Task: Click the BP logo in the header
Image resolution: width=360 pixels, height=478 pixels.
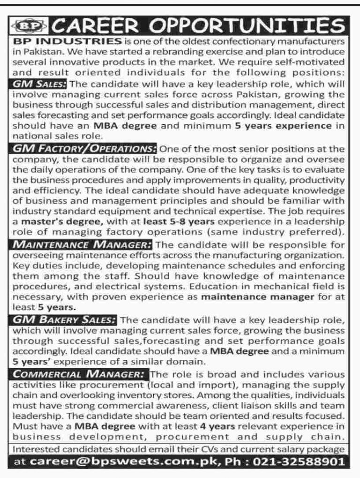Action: tap(27, 24)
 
